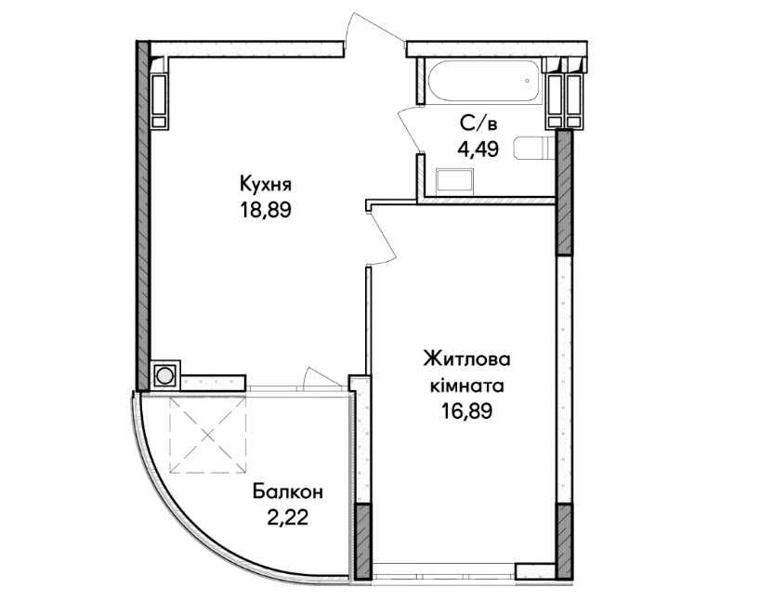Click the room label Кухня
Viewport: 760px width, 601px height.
point(266,185)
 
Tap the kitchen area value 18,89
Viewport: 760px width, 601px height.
point(265,210)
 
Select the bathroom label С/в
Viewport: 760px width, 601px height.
point(478,124)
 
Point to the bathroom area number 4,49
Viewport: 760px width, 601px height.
point(478,150)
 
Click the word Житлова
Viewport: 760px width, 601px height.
point(467,359)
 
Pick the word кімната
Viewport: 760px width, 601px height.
point(467,385)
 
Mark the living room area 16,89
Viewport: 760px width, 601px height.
point(466,412)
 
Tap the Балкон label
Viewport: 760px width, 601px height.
point(288,492)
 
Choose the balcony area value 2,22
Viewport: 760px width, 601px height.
point(288,518)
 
